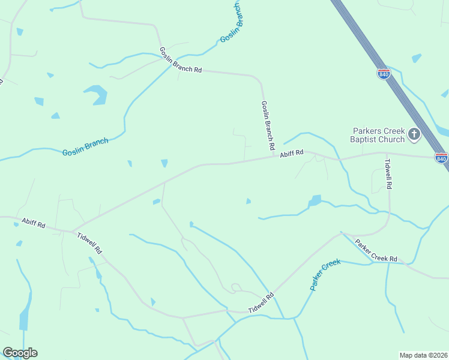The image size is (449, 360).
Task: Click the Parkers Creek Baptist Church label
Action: [x=378, y=135]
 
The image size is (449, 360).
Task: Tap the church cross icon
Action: [x=414, y=134]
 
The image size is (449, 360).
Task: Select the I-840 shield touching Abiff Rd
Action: [x=441, y=158]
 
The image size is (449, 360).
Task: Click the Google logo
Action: [x=20, y=353]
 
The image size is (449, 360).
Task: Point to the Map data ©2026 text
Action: [x=423, y=355]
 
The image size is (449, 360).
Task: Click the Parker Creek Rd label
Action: [x=376, y=251]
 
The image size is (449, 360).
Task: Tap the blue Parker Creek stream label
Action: [x=325, y=274]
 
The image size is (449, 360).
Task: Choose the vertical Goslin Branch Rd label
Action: [x=268, y=125]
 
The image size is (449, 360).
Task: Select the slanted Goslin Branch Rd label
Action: [x=180, y=60]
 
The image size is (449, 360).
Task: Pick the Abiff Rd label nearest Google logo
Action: [x=33, y=223]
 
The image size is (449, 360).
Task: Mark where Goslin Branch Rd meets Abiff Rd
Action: [x=274, y=157]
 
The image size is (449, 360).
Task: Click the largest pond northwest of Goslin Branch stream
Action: [x=96, y=94]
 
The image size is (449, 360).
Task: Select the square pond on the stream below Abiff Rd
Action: [x=315, y=200]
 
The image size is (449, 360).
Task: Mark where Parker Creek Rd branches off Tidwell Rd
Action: [x=341, y=233]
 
